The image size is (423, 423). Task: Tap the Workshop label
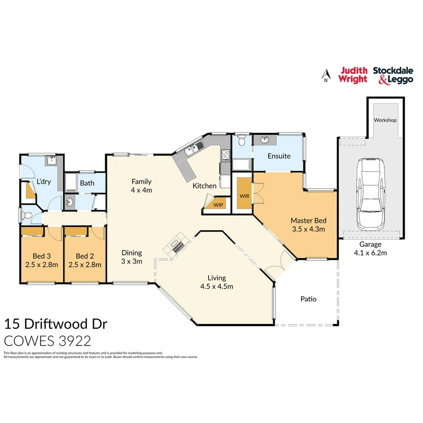tap(385, 120)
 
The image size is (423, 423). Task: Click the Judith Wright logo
tap(353, 75)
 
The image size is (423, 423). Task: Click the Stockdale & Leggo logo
tap(393, 75)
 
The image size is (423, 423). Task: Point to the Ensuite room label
tap(279, 156)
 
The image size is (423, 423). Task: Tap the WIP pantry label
tap(218, 205)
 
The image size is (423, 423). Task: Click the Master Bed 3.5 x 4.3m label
tap(308, 225)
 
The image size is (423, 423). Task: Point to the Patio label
tap(308, 299)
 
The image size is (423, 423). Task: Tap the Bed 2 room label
tap(85, 260)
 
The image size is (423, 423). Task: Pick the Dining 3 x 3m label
tap(132, 257)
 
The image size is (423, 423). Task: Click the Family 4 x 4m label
tap(142, 186)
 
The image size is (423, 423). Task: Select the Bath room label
tap(87, 183)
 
